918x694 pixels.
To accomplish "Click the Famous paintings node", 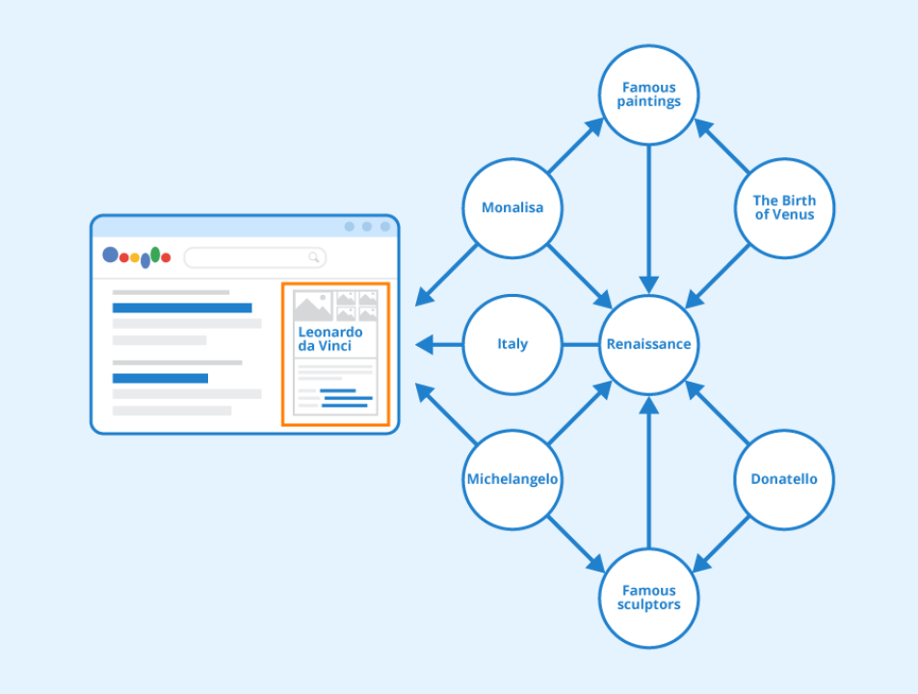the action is (648, 94).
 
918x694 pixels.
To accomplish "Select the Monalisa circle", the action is (512, 208).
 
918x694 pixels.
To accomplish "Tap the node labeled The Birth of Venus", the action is (784, 208).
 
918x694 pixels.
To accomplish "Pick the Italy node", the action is (512, 344).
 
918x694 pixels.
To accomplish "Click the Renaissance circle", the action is (648, 344).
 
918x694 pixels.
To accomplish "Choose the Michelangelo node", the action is (512, 480).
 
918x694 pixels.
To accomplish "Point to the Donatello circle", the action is (784, 480).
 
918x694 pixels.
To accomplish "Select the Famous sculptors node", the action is (648, 598).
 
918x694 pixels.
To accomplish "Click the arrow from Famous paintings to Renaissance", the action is (648, 220).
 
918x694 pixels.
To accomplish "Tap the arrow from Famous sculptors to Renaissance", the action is (648, 472).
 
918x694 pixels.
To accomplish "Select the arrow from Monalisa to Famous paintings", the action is (576, 146).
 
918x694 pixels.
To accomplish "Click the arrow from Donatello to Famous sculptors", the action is (721, 544).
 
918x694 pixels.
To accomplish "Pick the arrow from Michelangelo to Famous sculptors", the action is (577, 544).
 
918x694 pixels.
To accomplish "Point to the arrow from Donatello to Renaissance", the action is (718, 413).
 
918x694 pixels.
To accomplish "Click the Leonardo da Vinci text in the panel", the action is (330, 339).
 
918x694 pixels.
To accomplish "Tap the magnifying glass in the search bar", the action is (314, 257).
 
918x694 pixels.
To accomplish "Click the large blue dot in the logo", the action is (110, 254).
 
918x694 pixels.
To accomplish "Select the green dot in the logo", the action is (155, 254).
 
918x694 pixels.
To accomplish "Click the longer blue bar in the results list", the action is (182, 308).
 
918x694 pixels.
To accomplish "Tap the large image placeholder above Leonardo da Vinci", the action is (313, 306).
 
